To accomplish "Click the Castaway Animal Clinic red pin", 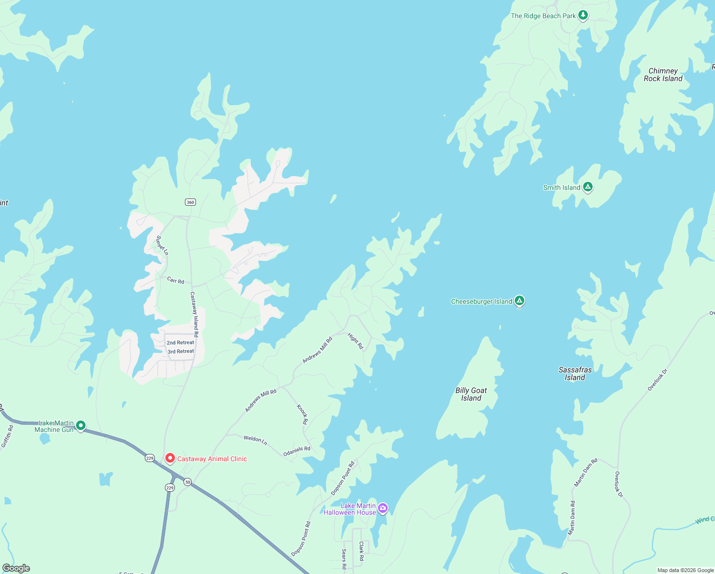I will (170, 458).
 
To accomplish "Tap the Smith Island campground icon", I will (588, 187).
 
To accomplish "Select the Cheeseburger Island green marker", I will (520, 301).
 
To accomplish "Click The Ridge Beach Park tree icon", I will (583, 15).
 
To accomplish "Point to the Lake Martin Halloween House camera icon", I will (383, 508).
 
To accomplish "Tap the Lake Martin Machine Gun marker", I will (81, 425).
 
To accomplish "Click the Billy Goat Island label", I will (471, 394).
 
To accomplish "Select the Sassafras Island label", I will (575, 374).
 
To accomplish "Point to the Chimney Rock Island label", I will (663, 75).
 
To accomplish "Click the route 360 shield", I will (190, 202).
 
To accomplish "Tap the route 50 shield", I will (188, 482).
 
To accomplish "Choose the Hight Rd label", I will (356, 341).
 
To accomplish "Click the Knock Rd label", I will (303, 414).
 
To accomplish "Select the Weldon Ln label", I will (255, 439).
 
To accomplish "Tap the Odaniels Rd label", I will (297, 451).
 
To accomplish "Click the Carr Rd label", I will (175, 280).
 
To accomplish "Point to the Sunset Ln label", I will (162, 245).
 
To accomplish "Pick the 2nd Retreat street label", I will (180, 342).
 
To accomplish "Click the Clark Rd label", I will (361, 551).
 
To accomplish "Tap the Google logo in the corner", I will (16, 568).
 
